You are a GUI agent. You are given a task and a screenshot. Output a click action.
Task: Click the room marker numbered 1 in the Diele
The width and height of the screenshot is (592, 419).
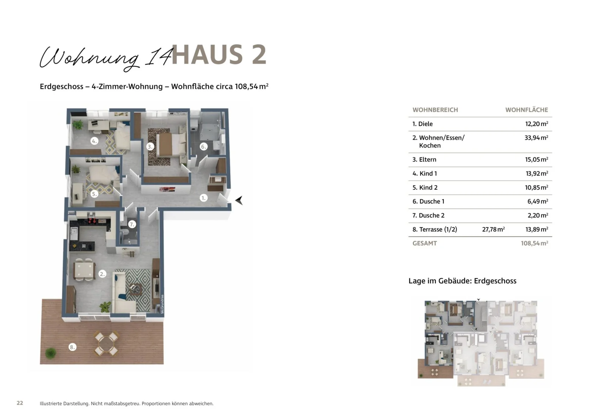click(203, 198)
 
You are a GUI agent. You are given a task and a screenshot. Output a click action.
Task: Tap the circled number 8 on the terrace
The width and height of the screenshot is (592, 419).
click(73, 347)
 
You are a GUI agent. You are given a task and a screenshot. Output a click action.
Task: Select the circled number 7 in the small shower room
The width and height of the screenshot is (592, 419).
click(132, 224)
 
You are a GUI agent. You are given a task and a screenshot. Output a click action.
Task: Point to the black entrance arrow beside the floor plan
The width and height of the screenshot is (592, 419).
click(239, 200)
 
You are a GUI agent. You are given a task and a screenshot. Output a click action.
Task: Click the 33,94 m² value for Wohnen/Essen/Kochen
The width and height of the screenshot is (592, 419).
click(536, 138)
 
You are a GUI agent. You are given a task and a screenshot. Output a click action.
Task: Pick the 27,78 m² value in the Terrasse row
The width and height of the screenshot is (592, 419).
click(493, 229)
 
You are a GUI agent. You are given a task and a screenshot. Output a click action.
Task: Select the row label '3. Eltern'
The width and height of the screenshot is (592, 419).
click(424, 160)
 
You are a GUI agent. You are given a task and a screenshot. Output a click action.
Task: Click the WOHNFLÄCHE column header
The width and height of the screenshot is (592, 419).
click(526, 110)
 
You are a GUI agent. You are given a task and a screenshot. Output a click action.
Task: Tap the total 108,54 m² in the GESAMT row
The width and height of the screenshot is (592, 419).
click(534, 243)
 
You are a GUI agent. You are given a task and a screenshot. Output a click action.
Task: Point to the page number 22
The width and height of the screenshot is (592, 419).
click(20, 403)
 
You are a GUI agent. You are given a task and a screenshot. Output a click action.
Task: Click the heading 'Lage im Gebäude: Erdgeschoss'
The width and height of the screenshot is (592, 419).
click(462, 281)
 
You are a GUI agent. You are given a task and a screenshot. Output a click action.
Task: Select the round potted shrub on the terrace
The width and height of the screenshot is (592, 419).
click(51, 353)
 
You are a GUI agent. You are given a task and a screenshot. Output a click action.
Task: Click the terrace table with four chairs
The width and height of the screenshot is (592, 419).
click(106, 343)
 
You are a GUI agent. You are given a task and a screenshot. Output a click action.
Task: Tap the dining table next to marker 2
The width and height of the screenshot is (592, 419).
click(84, 271)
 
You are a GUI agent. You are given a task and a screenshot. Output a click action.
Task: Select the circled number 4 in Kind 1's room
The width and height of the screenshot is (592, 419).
click(94, 141)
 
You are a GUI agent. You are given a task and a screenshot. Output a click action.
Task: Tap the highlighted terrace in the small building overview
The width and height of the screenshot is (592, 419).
click(435, 369)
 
